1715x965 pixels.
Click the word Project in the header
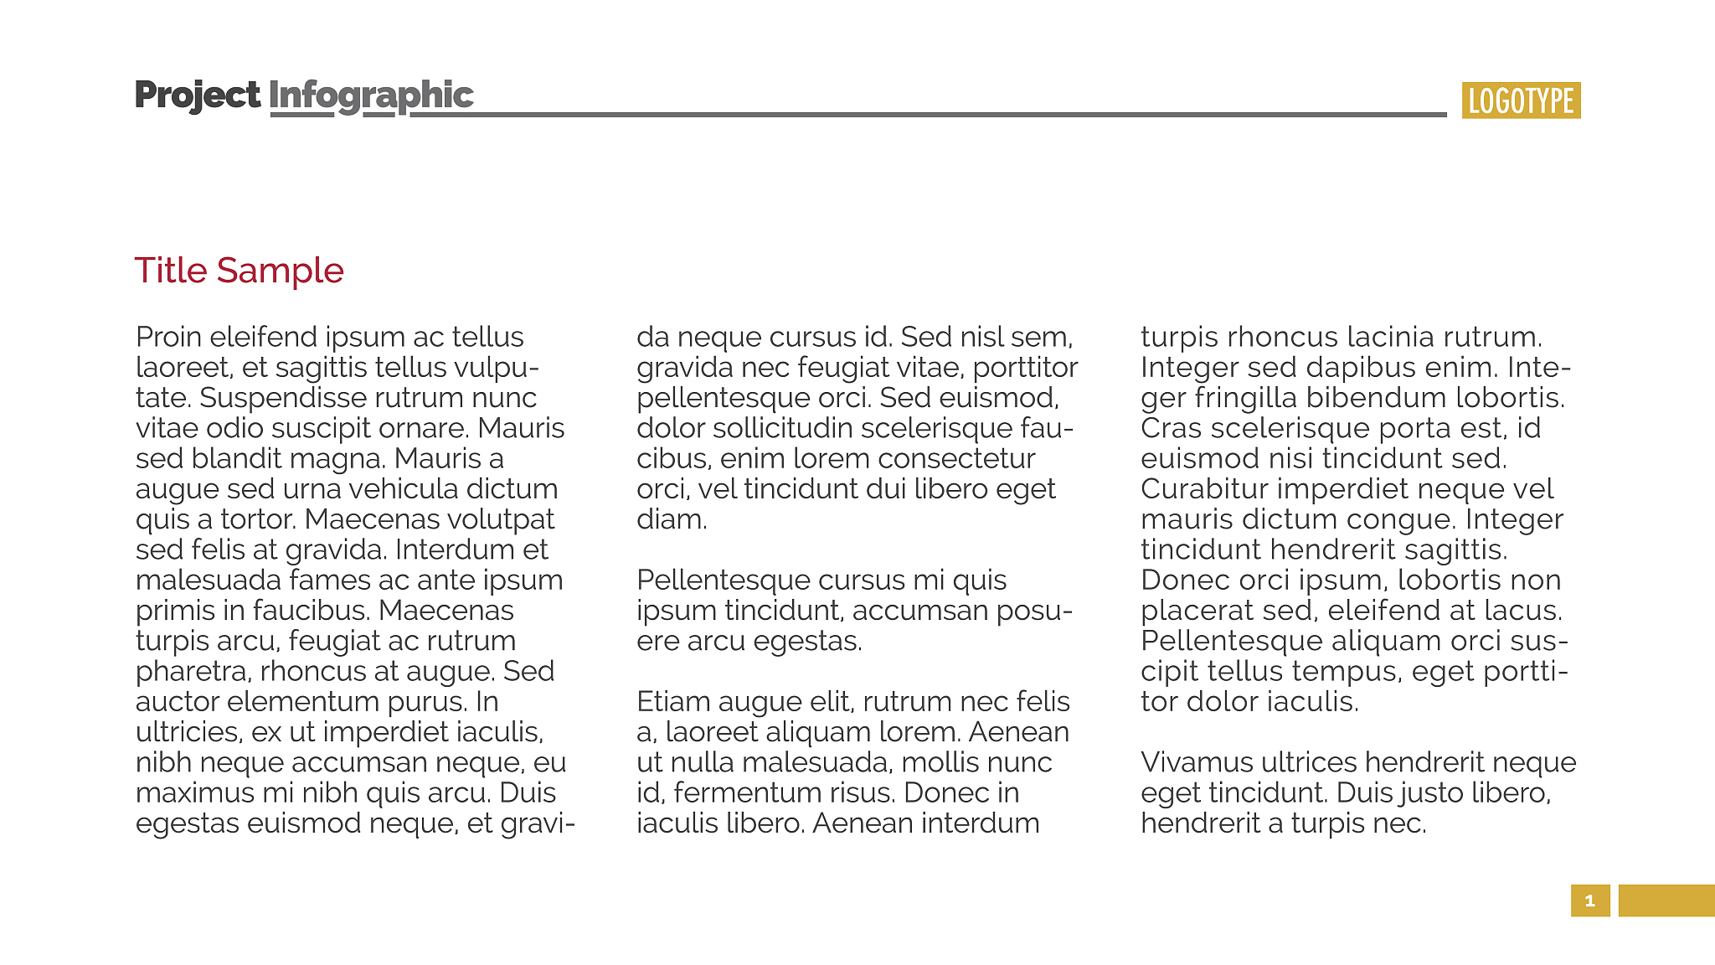(197, 95)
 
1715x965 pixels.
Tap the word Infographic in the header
(371, 95)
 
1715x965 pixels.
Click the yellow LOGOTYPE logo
(1521, 101)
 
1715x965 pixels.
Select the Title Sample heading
(239, 271)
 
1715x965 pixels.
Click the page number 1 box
(1589, 900)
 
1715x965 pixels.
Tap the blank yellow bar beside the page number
(1666, 900)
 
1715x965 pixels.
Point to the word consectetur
(955, 459)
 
